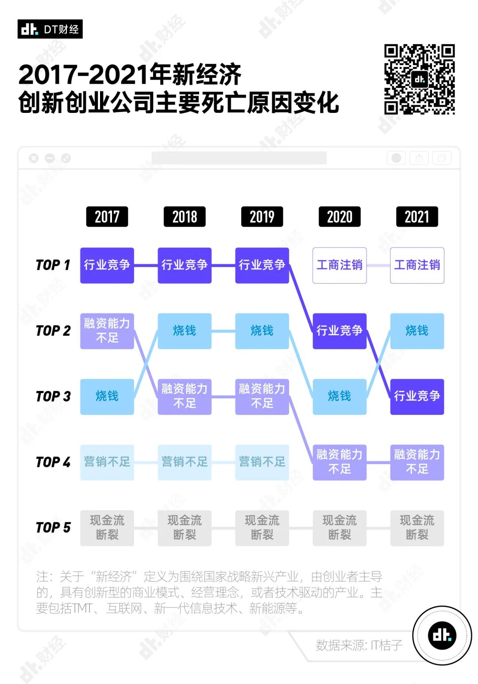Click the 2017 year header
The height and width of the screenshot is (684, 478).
(107, 216)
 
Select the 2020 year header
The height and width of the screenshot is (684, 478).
(339, 216)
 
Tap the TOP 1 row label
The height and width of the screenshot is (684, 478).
(53, 265)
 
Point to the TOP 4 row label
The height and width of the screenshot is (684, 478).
(53, 462)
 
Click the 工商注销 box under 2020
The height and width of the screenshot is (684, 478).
(339, 265)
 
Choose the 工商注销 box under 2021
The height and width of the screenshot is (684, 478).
(417, 265)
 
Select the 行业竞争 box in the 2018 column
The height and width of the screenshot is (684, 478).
(185, 265)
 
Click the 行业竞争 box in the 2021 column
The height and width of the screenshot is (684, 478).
(417, 397)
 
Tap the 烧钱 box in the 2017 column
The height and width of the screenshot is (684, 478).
(107, 397)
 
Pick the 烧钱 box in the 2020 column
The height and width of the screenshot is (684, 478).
(339, 397)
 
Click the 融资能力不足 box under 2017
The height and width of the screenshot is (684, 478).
(107, 331)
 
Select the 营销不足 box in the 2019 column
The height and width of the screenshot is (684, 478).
(262, 462)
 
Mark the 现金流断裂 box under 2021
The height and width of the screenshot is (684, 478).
(417, 528)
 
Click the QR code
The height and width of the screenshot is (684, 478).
(420, 79)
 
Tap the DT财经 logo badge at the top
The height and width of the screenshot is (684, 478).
(50, 29)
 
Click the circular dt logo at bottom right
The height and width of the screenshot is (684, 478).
(442, 635)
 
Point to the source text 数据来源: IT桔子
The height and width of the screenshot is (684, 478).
(359, 645)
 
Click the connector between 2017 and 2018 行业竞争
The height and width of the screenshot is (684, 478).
(146, 265)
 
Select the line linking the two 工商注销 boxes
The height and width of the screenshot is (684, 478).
(378, 265)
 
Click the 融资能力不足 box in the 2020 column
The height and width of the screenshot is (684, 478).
(339, 462)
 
